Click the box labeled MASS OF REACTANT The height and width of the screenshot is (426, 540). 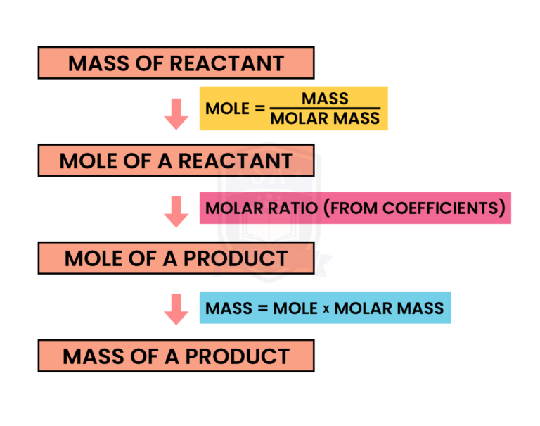[176, 63]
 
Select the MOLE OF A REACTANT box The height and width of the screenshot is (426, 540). [176, 160]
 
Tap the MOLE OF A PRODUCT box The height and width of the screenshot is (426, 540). [176, 258]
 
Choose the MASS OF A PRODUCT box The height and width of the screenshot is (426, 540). [176, 356]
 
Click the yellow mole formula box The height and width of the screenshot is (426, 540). [293, 108]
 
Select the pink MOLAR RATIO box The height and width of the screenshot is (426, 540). [354, 208]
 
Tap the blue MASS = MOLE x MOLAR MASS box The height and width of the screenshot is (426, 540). [325, 308]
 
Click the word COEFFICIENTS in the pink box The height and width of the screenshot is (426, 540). [436, 208]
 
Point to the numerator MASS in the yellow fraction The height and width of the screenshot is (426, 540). [325, 99]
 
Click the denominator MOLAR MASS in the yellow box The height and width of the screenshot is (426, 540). [325, 118]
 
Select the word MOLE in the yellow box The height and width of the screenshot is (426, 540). [227, 108]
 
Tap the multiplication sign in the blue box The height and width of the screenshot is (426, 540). [326, 309]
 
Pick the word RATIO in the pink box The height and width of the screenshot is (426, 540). [290, 208]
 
